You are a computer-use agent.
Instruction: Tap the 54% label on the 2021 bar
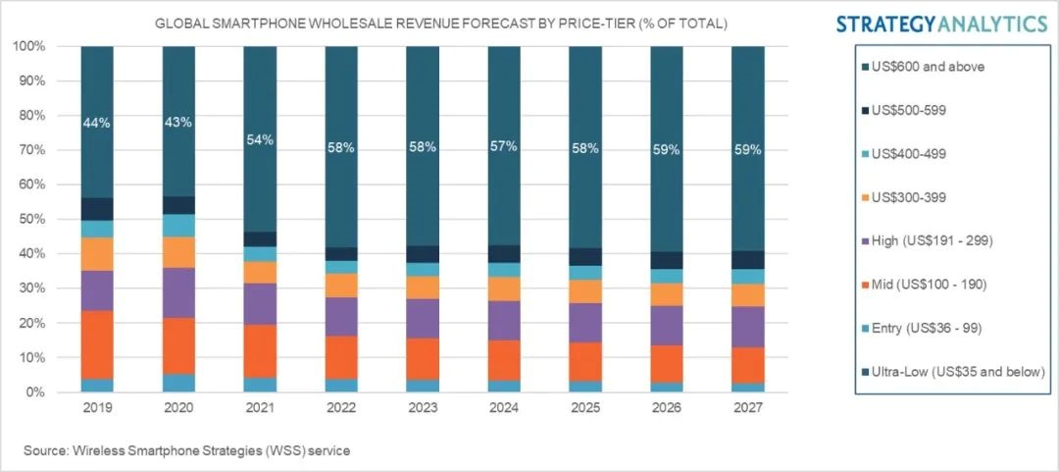pos(260,140)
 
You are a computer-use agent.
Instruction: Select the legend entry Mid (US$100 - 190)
pos(935,285)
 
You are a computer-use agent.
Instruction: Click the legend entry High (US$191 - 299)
pos(935,241)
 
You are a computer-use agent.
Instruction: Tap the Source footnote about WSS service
pos(187,450)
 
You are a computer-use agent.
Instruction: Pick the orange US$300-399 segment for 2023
pos(423,287)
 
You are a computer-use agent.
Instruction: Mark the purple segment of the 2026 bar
pos(667,325)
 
